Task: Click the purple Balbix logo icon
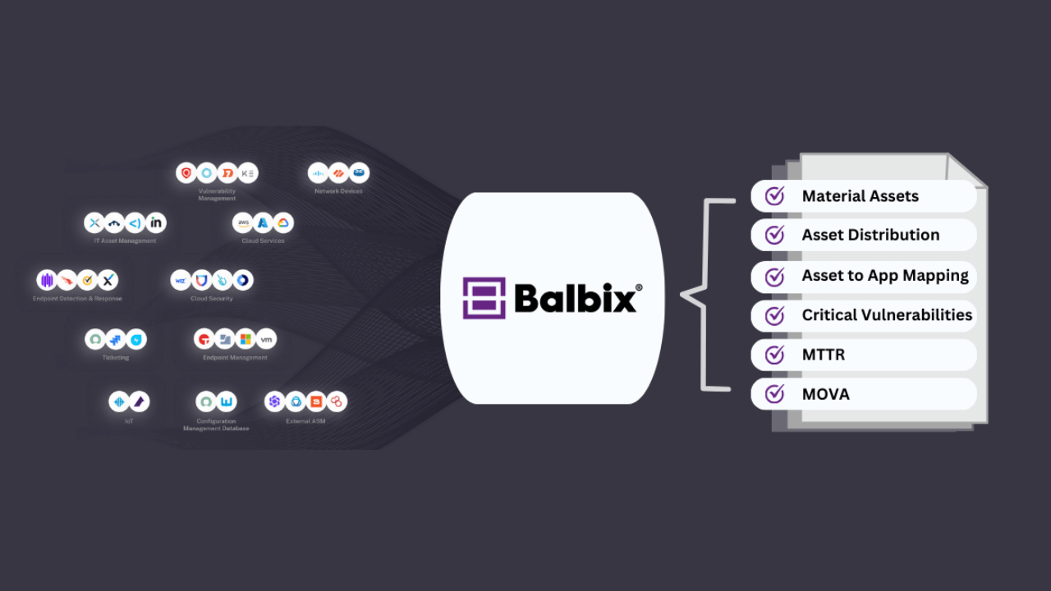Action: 484,298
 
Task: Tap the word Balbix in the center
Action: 576,298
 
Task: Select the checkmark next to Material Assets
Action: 774,196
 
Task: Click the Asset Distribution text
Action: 870,235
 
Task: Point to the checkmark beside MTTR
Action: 774,355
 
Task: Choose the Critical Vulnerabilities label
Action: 887,314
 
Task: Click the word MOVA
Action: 825,394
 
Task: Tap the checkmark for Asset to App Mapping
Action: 774,276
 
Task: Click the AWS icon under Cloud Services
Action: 243,222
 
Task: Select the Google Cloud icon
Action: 282,222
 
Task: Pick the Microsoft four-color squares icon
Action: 245,339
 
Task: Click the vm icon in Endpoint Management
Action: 265,339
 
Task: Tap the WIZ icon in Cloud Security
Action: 181,281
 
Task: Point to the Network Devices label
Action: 338,191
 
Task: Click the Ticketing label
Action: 116,358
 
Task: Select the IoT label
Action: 129,421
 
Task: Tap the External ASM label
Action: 305,421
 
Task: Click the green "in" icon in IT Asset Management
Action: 156,222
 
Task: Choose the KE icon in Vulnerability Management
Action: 247,173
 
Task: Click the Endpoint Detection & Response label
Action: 77,299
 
